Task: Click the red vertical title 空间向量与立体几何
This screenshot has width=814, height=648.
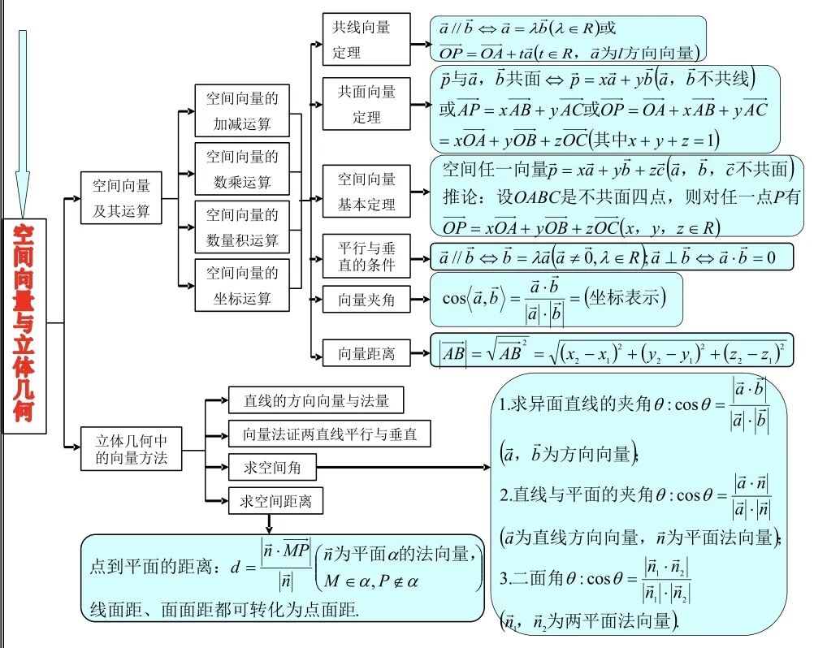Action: coord(24,322)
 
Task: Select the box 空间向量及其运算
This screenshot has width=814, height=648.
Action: coord(121,197)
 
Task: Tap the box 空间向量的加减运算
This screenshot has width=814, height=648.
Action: coord(241,111)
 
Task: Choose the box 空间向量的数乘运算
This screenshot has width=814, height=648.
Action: coord(241,169)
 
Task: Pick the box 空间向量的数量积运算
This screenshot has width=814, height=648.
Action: coord(241,227)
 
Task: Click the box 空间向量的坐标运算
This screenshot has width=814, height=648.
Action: coord(241,285)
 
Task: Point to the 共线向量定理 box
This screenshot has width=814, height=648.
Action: coord(366,40)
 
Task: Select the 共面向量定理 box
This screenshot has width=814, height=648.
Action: coord(366,104)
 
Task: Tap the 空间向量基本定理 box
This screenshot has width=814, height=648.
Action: coord(366,192)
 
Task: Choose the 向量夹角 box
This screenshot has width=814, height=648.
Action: coord(366,300)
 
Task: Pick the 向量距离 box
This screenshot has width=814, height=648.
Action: coord(366,353)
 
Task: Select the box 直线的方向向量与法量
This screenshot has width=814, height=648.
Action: coord(316,400)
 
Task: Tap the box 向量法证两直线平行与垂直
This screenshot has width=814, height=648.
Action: coord(329,434)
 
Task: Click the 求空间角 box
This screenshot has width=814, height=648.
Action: coord(272,468)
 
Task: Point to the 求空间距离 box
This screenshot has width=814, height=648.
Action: coord(276,501)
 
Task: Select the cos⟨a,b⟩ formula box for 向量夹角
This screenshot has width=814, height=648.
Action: coord(556,300)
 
